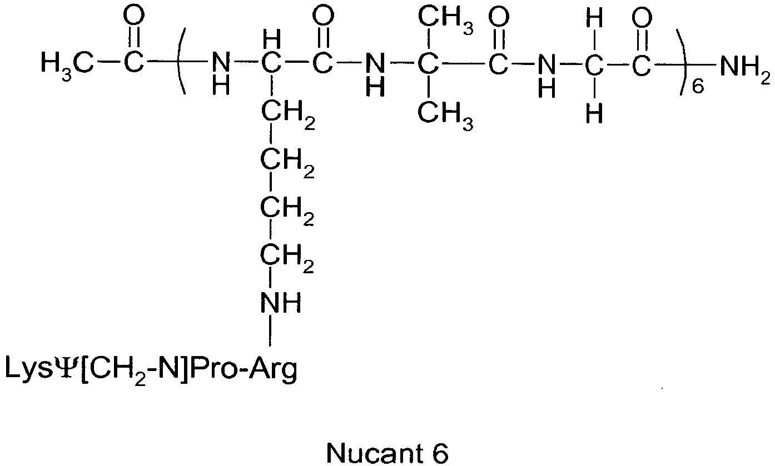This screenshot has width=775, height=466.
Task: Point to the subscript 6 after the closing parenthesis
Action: [698, 87]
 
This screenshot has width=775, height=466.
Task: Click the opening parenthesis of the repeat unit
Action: [181, 62]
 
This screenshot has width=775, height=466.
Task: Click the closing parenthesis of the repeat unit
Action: [682, 62]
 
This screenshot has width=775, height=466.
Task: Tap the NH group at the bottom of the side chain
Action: [281, 303]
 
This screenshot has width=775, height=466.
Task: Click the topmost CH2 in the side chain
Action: [288, 114]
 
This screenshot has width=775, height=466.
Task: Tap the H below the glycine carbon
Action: [594, 114]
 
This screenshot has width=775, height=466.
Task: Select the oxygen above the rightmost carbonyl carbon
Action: [642, 18]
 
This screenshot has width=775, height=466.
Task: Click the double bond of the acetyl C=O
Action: [134, 37]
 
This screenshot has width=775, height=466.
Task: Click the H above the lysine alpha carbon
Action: [272, 41]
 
